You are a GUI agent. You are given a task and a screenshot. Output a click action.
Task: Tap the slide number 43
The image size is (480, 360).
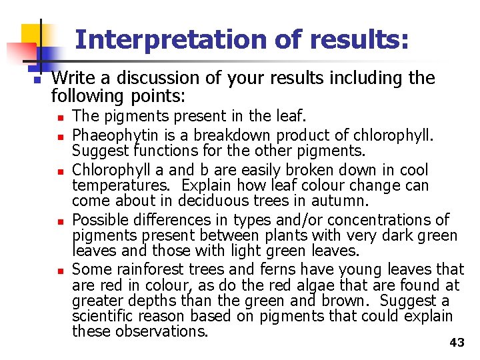457,343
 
